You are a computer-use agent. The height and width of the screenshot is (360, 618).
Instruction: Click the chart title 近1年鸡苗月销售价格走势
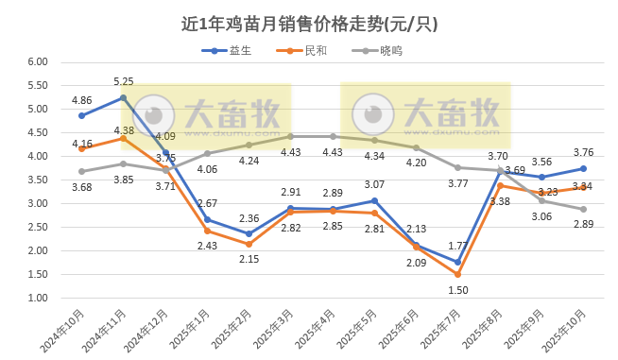pyautogui.click(x=308, y=23)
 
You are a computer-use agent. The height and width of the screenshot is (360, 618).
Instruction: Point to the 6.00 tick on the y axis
pyautogui.click(x=37, y=62)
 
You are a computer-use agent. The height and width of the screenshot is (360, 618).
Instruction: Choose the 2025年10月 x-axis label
pyautogui.click(x=567, y=330)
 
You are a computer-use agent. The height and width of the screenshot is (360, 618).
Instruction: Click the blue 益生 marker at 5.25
pyautogui.click(x=124, y=97)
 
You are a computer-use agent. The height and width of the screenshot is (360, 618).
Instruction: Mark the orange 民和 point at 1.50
pyautogui.click(x=457, y=274)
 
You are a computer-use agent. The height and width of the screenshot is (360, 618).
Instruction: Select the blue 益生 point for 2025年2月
pyautogui.click(x=249, y=233)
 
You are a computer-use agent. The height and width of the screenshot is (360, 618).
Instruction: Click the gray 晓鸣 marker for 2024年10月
pyautogui.click(x=82, y=171)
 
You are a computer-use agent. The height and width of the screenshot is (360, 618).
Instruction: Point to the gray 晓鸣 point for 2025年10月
pyautogui.click(x=583, y=209)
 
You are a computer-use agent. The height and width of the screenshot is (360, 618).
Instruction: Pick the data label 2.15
pyautogui.click(x=249, y=259)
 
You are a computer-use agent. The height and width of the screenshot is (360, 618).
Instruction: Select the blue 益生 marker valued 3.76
pyautogui.click(x=583, y=168)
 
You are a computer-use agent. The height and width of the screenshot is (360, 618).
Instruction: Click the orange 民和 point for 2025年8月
pyautogui.click(x=500, y=185)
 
